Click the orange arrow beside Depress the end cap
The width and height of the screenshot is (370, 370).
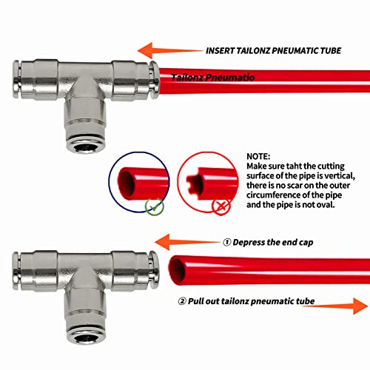(185, 241)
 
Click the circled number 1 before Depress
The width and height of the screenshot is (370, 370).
(227, 242)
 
